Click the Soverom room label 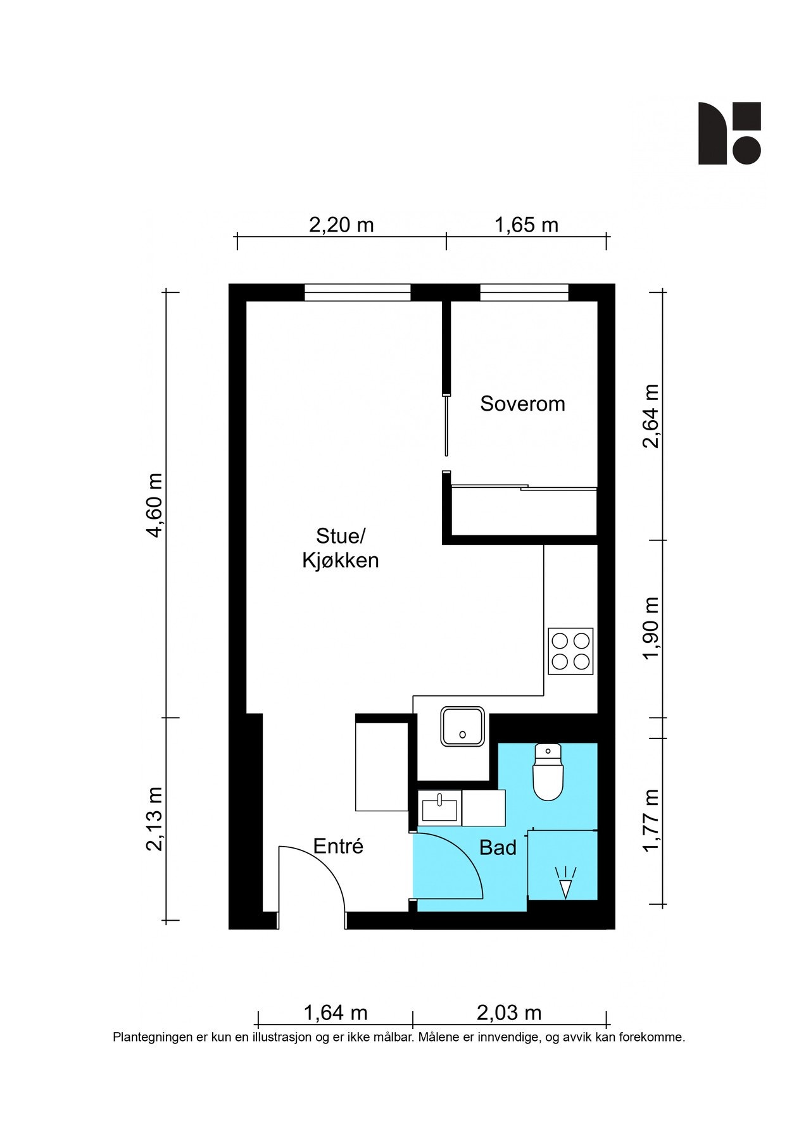coord(522,404)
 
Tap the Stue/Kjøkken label coord(341,548)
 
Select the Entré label coord(338,846)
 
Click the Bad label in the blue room coord(498,847)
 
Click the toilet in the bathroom coord(548,772)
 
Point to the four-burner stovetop coord(570,651)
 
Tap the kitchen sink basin coord(464,726)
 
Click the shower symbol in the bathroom coord(564,881)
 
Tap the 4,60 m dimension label coord(154,505)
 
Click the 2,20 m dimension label coord(341,225)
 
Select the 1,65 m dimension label coord(526,225)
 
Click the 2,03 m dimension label coord(509,1012)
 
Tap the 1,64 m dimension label coord(336,1012)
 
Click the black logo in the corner coord(729,133)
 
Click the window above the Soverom coord(524,292)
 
